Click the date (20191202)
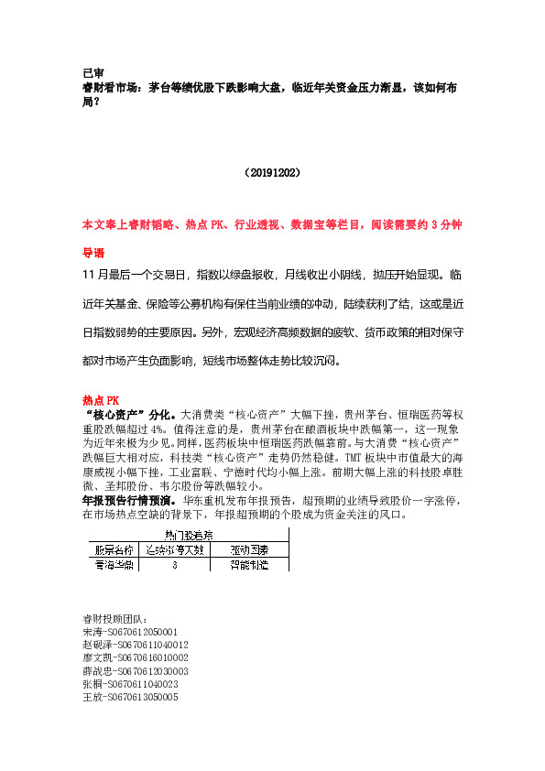(273, 171)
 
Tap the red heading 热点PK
(101, 400)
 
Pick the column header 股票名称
(114, 550)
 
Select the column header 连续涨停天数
(173, 550)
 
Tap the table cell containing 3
(173, 566)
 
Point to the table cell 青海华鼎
(114, 566)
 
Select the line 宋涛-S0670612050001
(129, 633)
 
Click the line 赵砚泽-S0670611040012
(135, 646)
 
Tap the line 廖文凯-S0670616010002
(135, 658)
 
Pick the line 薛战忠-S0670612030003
(135, 671)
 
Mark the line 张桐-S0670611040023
(129, 684)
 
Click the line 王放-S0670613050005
(129, 697)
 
